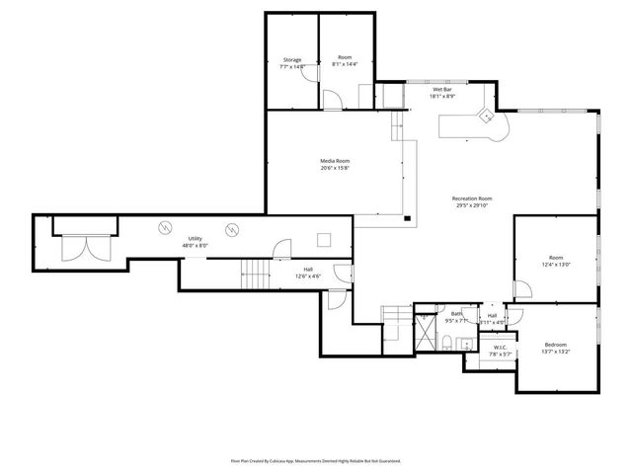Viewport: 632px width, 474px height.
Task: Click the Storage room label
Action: click(291, 60)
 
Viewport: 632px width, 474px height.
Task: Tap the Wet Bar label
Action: click(442, 90)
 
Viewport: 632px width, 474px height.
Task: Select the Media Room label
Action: click(334, 161)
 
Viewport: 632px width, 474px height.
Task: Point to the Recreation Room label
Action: click(472, 198)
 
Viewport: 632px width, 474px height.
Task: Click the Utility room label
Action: click(195, 238)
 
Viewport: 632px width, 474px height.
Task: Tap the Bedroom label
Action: click(556, 345)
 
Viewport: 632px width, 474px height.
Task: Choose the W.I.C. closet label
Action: click(500, 348)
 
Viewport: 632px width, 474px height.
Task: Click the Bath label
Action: click(457, 314)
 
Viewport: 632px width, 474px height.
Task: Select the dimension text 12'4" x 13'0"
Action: click(556, 265)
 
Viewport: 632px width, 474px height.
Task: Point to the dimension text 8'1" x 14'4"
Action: click(345, 66)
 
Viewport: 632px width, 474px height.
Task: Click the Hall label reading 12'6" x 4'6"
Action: click(308, 276)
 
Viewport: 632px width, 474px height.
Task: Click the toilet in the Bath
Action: click(447, 344)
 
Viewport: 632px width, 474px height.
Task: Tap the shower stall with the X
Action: click(427, 332)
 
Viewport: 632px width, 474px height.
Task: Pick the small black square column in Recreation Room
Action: click(407, 218)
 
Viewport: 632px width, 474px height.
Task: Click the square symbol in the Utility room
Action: click(323, 238)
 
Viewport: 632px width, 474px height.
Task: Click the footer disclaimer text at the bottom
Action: click(315, 460)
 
